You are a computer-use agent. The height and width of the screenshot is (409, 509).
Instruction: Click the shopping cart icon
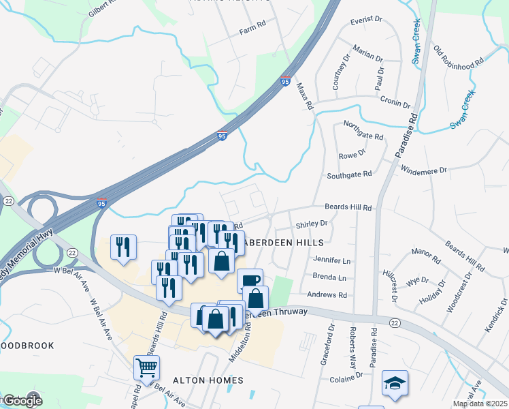point(146,368)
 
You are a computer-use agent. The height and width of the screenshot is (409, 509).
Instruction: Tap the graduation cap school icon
point(394,383)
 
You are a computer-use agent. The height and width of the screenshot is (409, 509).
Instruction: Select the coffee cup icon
point(250,281)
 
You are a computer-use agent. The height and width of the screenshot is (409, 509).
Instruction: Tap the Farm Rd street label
point(252,32)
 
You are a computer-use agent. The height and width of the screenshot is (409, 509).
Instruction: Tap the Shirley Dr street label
point(312,224)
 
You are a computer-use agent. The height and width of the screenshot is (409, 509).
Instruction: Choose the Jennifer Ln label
point(331,260)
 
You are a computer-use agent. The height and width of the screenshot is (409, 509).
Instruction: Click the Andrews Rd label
point(327,295)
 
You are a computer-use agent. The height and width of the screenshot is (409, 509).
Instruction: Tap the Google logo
point(22,401)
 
